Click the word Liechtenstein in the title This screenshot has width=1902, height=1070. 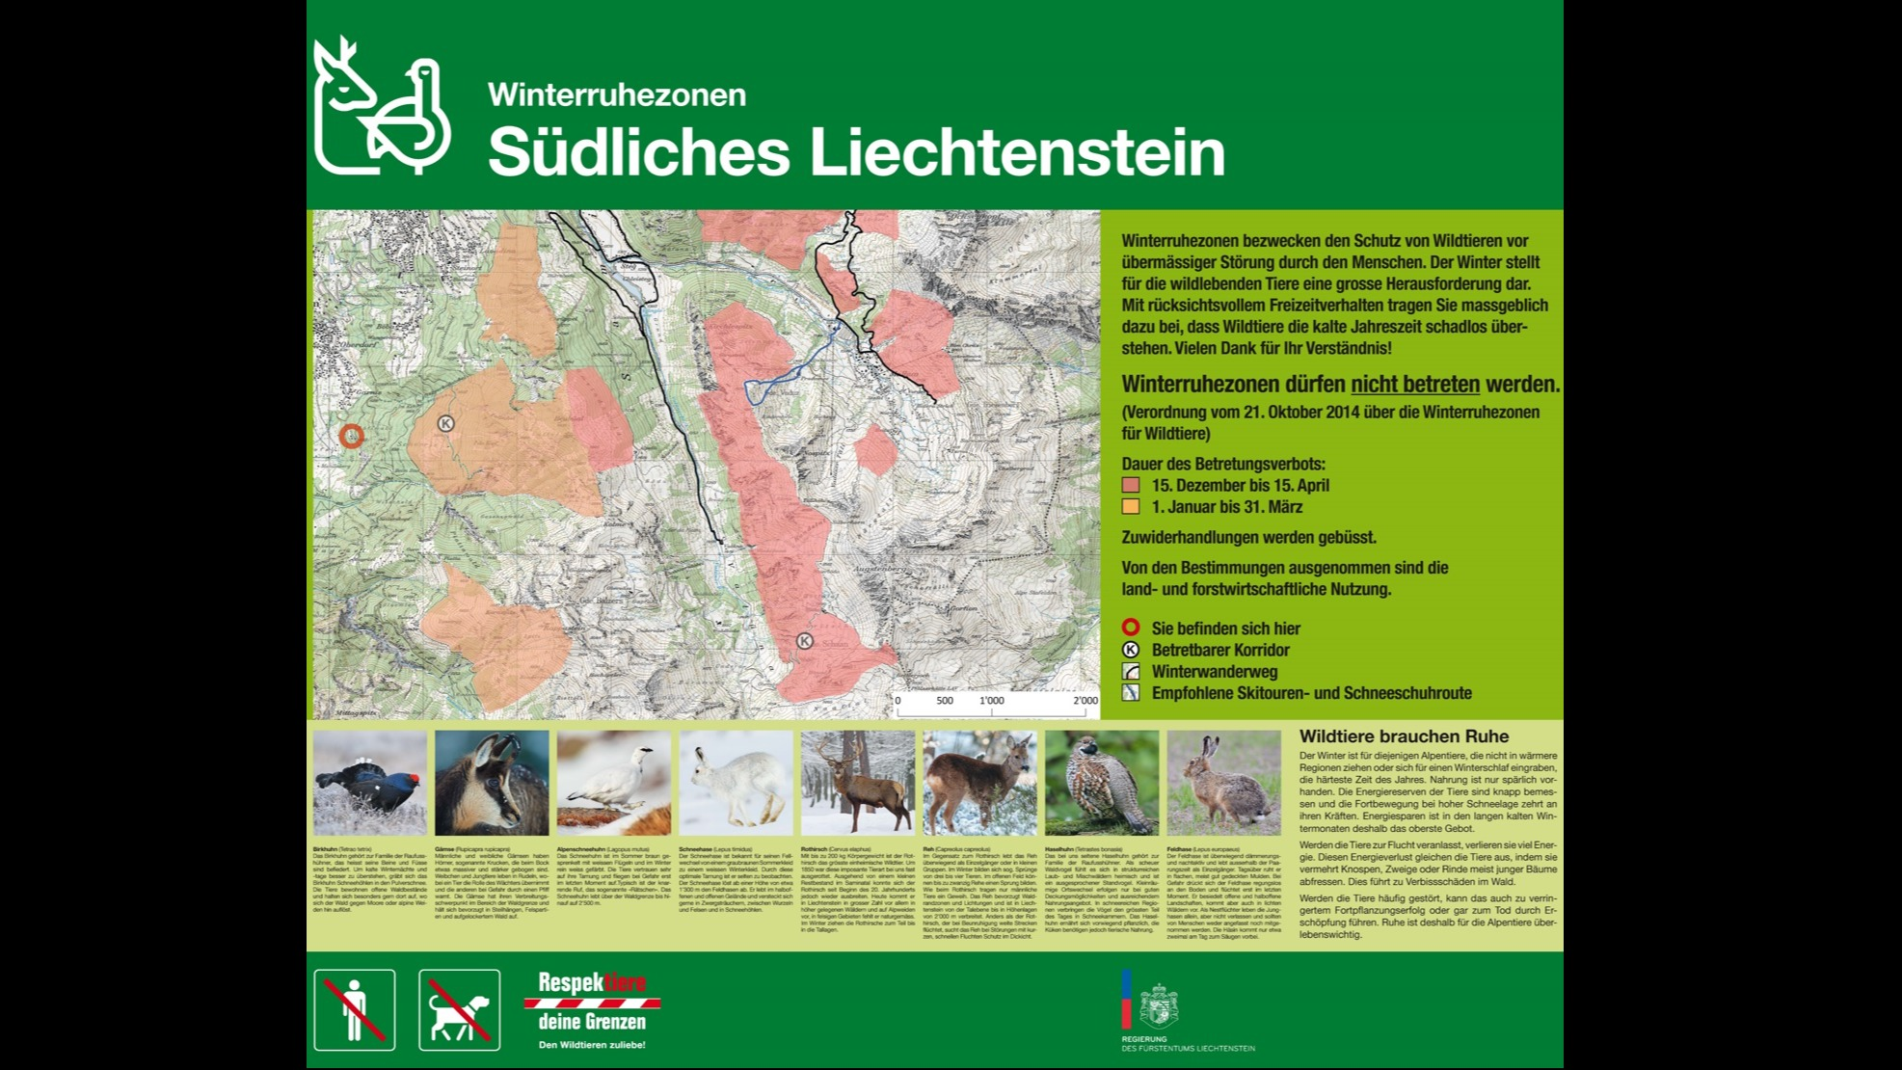click(1016, 151)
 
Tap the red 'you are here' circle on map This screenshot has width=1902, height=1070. click(352, 436)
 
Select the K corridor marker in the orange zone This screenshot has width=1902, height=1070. click(445, 423)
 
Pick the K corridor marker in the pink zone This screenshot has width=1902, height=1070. click(804, 641)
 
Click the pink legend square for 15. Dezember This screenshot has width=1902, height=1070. click(1131, 485)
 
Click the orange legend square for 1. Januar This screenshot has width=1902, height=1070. click(1131, 507)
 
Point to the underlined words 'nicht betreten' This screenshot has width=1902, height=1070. click(1414, 384)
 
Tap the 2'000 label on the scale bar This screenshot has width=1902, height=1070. click(1085, 701)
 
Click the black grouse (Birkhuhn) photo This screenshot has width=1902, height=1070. click(369, 783)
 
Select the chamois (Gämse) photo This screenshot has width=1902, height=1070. click(492, 783)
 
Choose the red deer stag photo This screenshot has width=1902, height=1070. click(857, 783)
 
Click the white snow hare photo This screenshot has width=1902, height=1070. click(736, 783)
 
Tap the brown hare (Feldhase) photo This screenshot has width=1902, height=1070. click(1223, 783)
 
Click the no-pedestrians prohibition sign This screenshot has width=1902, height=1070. click(355, 1009)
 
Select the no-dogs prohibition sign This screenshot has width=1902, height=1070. click(460, 1009)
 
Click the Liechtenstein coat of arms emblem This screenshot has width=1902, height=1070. click(1158, 1005)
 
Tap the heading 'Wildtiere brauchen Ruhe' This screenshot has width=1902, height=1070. click(1404, 736)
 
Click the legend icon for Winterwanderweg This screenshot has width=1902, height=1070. click(1131, 671)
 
